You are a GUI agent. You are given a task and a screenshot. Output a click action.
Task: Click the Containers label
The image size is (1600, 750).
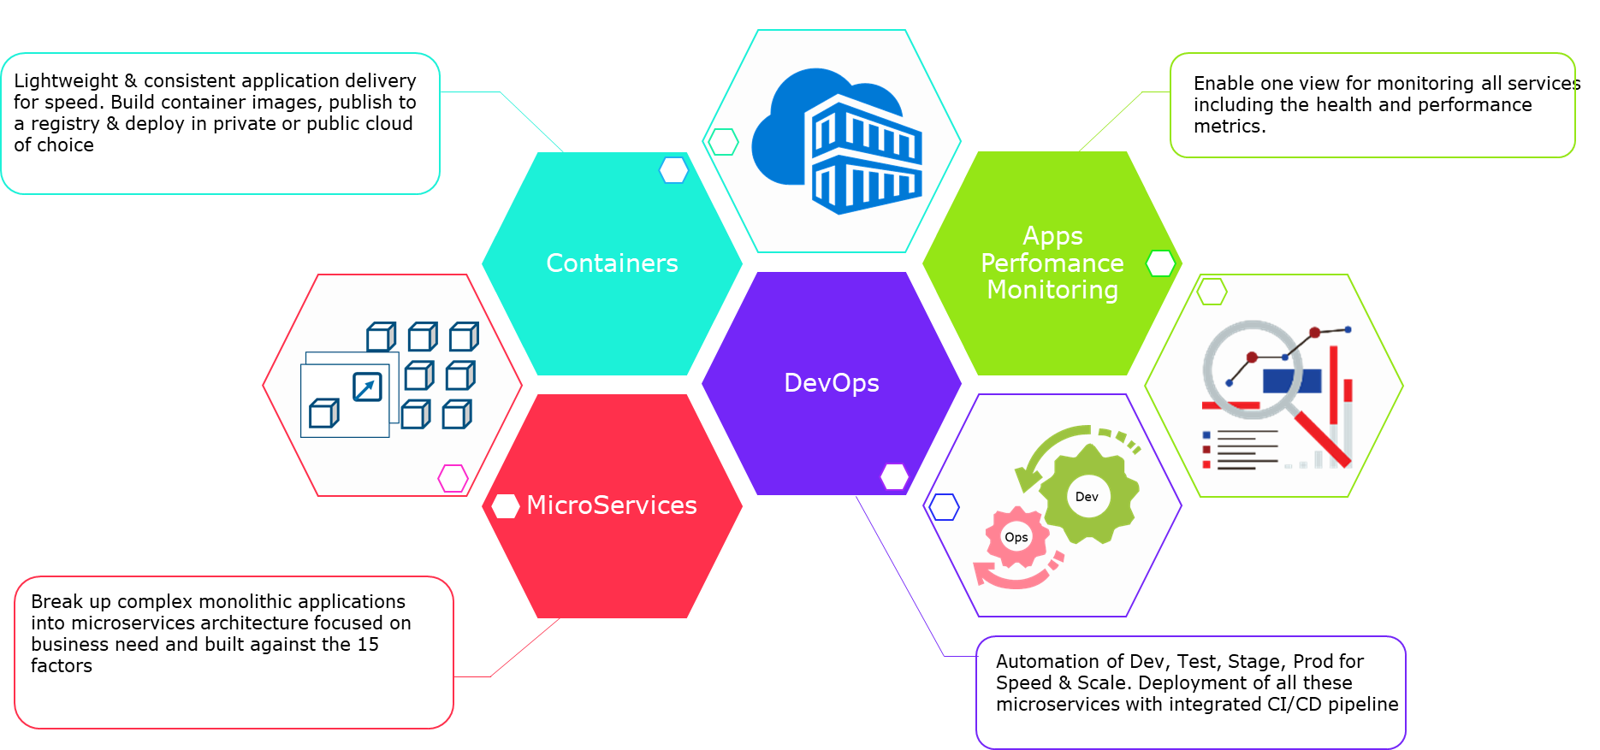point(612,263)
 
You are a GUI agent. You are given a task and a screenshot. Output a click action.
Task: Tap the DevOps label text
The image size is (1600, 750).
point(832,383)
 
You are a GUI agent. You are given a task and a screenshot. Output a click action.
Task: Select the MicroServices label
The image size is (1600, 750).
point(612,505)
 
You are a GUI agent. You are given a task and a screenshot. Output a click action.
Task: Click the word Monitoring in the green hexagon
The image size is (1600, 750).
point(1052,290)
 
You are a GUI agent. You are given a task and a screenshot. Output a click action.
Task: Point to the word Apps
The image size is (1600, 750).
point(1052,236)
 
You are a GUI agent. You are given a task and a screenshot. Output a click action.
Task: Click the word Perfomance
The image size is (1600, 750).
point(1052,263)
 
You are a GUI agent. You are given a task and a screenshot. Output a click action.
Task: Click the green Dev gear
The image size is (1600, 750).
point(1088,495)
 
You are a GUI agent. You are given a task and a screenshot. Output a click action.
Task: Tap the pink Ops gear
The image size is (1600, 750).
point(1016,537)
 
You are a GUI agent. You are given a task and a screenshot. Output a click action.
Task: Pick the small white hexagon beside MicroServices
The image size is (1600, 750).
point(506,506)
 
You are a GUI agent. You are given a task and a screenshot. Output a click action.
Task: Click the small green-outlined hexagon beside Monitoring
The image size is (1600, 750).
point(1160,263)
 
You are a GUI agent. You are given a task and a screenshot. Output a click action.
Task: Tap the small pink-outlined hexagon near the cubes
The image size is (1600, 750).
point(453,478)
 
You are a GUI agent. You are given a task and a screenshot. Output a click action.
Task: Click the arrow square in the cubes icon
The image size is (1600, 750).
point(367,387)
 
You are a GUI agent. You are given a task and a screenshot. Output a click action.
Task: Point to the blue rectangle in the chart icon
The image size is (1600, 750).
point(1292,381)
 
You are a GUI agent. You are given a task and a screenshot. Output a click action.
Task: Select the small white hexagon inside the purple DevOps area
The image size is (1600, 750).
point(894,476)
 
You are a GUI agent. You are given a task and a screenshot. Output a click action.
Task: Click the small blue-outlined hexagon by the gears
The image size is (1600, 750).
point(944,507)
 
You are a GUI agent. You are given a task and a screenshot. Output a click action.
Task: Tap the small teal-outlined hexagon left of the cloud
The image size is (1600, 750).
point(723,142)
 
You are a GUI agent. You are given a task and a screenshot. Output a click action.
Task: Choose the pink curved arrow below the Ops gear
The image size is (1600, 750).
point(1014,578)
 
